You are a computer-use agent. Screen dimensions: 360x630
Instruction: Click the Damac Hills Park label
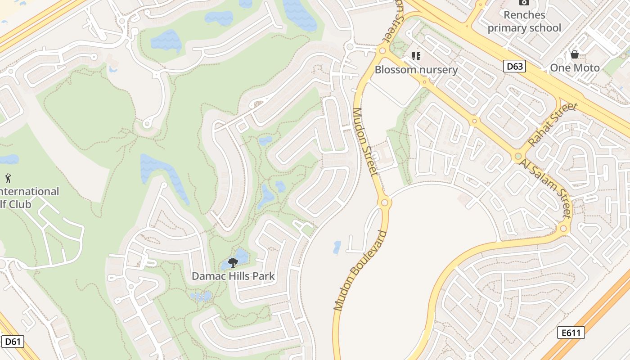tap(233, 276)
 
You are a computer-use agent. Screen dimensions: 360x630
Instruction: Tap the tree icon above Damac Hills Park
tap(233, 262)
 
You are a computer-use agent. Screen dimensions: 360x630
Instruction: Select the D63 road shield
tap(514, 67)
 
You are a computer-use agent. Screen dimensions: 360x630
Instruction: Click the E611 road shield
tap(571, 333)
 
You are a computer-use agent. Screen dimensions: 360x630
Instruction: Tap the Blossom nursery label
tap(416, 70)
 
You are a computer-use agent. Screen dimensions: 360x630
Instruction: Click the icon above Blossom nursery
tap(416, 56)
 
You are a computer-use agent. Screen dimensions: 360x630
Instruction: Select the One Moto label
tap(575, 68)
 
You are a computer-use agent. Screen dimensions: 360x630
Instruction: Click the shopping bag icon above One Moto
tap(575, 55)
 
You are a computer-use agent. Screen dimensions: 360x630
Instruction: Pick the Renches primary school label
tap(524, 21)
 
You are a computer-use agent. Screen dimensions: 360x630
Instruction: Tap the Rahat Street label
tap(552, 125)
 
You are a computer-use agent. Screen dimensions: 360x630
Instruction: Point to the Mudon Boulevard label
tap(360, 270)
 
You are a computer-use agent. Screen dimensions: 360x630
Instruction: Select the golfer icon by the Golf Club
tap(8, 178)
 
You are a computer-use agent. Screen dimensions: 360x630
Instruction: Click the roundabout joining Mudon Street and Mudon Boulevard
tap(384, 203)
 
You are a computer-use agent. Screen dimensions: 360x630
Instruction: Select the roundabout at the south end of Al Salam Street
tap(563, 229)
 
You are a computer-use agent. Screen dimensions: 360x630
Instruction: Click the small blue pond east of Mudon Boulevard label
tap(337, 247)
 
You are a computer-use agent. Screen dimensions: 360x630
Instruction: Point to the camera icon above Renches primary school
tap(524, 2)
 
